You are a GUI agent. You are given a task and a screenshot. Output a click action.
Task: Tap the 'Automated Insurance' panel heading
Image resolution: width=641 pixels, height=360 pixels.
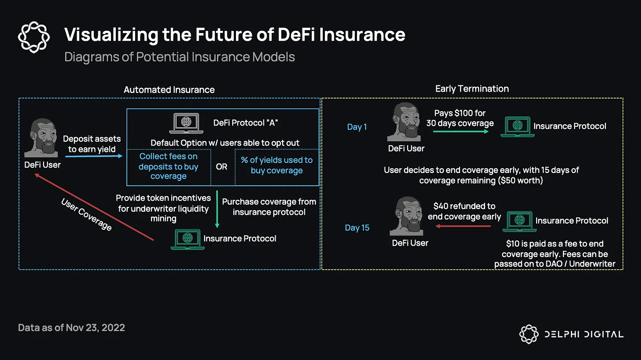tap(169, 90)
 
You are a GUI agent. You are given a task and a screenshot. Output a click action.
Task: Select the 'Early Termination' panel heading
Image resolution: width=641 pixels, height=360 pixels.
tap(472, 89)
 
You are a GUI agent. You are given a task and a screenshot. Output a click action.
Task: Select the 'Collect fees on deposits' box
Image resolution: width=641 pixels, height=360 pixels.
tap(169, 166)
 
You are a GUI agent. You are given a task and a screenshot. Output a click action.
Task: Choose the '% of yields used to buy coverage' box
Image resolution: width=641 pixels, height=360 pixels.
tap(276, 165)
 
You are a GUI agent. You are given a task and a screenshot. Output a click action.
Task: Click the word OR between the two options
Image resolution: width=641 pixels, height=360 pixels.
tap(222, 167)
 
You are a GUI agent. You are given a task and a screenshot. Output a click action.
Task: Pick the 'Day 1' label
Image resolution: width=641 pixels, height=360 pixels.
tap(357, 127)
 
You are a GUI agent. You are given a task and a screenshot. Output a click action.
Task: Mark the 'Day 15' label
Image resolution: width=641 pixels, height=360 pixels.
tap(357, 228)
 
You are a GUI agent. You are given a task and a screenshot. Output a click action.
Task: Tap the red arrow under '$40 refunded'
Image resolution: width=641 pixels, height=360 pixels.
tap(463, 226)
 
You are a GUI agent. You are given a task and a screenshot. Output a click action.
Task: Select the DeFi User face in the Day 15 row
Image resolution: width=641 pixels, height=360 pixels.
tap(407, 217)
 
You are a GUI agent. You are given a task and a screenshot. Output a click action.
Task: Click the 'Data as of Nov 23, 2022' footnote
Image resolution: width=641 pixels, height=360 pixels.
tap(71, 328)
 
